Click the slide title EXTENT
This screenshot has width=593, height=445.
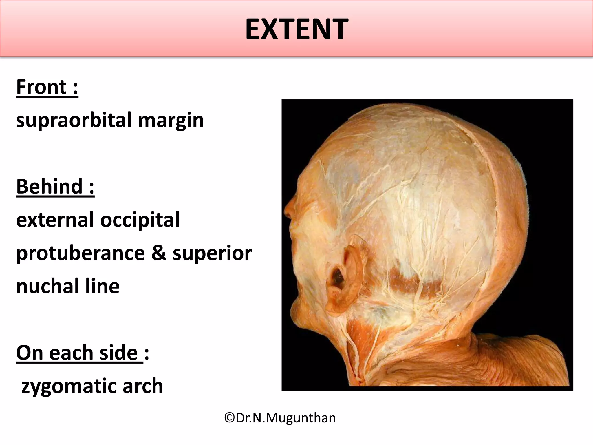tap(296, 29)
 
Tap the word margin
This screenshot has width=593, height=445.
tap(171, 121)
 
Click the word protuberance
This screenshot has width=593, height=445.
tap(80, 253)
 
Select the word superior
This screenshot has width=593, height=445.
tap(212, 253)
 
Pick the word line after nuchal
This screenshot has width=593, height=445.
tap(103, 286)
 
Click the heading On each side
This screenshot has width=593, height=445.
tap(80, 353)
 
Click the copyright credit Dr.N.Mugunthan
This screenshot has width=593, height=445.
tap(280, 418)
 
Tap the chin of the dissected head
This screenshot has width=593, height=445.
tap(298, 322)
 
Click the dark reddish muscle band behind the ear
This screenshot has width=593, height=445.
tap(411, 284)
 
